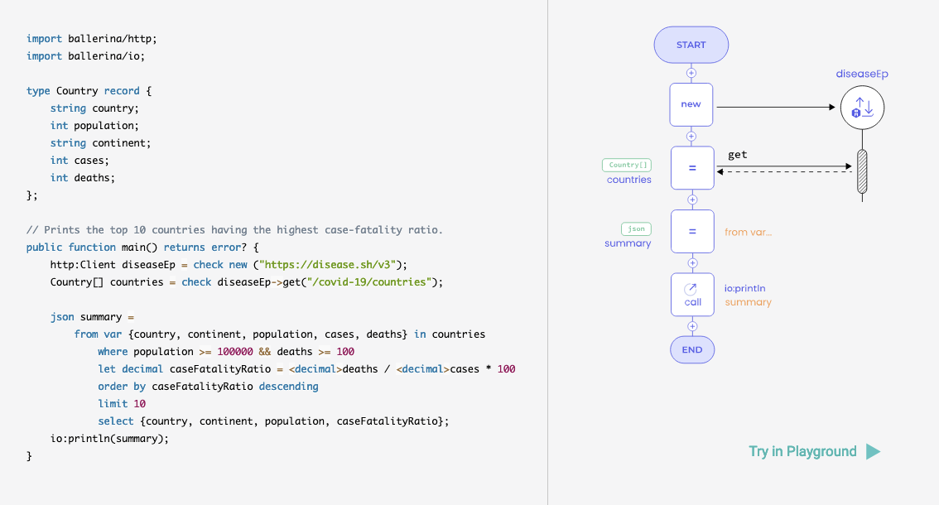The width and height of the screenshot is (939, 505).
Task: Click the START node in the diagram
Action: (691, 45)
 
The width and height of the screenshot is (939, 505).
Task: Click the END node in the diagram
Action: (691, 349)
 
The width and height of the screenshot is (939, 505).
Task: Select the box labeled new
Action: (691, 105)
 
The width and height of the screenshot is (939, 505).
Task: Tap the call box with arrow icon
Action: (692, 295)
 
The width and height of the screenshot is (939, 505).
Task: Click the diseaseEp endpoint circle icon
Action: (862, 107)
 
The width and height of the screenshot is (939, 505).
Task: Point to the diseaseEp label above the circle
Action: (862, 74)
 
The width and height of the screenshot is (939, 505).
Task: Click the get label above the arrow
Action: (738, 155)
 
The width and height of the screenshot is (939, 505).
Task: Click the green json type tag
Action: (636, 228)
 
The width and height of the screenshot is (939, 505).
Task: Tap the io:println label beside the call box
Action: (745, 288)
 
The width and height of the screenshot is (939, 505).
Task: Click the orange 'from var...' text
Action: (748, 233)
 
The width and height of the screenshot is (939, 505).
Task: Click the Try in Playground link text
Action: (802, 451)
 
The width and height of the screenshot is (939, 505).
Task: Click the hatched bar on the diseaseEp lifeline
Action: (862, 171)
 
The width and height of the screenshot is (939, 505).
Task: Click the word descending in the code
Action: (288, 387)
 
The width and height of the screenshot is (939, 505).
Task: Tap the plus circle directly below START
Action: (691, 73)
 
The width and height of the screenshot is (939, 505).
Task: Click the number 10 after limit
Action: (139, 404)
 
